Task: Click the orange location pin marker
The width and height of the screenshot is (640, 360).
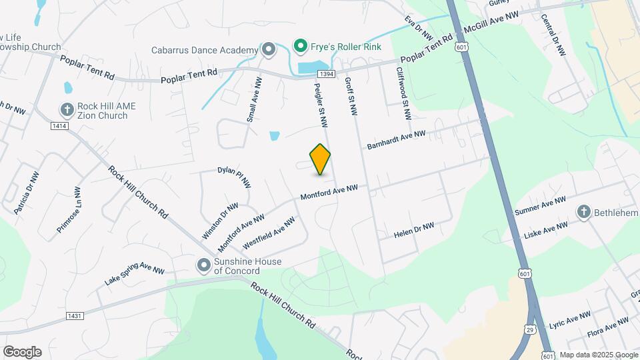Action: tap(321, 159)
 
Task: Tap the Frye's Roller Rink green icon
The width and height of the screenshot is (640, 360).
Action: tap(301, 46)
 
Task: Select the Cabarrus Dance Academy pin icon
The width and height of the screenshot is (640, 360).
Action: tap(268, 49)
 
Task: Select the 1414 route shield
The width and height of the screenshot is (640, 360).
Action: tap(60, 125)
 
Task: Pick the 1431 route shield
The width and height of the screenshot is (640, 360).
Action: tap(75, 315)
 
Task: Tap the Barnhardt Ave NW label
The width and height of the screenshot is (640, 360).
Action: tap(396, 139)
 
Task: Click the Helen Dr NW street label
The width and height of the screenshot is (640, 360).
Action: tap(413, 230)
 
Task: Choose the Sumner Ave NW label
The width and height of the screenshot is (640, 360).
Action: tap(540, 205)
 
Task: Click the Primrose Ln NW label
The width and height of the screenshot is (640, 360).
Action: tap(69, 209)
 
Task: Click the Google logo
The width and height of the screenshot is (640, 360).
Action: tap(22, 352)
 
